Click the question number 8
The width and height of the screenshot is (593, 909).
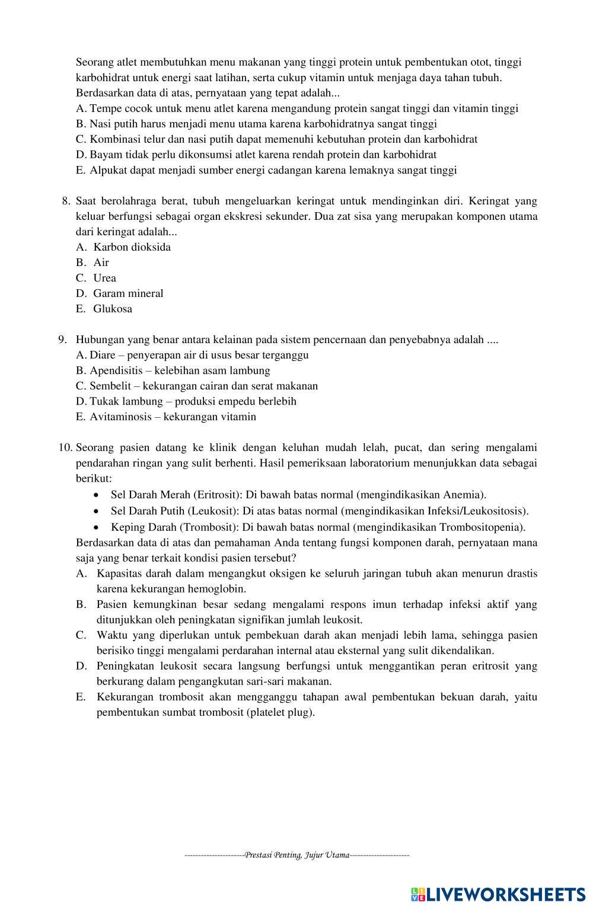pos(66,201)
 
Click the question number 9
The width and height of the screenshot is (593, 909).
pos(62,340)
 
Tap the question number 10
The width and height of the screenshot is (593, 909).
pos(65,447)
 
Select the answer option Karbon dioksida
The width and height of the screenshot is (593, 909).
pos(132,247)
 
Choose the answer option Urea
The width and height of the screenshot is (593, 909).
pos(104,278)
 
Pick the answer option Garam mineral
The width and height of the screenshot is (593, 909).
pos(128,293)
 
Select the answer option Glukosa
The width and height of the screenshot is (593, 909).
pos(113,309)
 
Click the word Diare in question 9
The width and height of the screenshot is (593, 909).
pos(102,355)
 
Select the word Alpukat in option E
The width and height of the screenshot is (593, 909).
pos(109,170)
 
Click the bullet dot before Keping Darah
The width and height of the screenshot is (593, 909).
pos(97,527)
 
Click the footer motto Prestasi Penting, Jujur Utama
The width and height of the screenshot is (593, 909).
pos(297,854)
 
